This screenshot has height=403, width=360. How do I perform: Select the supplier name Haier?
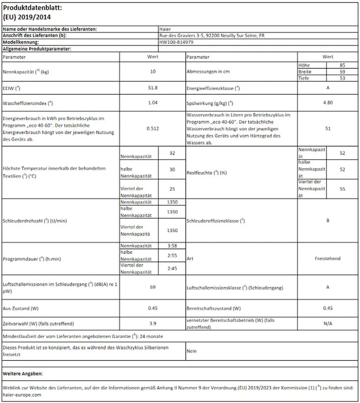click(x=165, y=29)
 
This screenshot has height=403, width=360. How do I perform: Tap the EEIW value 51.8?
click(x=153, y=88)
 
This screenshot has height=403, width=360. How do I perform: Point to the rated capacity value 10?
click(x=153, y=72)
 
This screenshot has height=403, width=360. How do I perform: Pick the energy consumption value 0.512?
click(x=153, y=128)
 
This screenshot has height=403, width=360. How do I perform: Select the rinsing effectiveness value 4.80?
click(x=328, y=103)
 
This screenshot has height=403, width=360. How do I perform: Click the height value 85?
click(x=342, y=65)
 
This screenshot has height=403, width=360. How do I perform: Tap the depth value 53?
click(x=342, y=78)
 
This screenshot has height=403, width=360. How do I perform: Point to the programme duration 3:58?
click(x=172, y=246)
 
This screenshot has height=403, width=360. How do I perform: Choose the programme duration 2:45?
click(x=172, y=268)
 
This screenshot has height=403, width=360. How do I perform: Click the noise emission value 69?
click(x=153, y=287)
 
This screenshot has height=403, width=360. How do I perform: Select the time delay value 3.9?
click(x=153, y=324)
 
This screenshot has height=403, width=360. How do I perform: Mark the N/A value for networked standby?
click(x=328, y=324)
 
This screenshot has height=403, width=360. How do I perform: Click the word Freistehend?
click(x=328, y=259)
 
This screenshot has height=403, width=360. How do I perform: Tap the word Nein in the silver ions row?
click(x=192, y=351)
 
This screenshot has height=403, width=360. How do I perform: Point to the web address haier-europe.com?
click(x=22, y=395)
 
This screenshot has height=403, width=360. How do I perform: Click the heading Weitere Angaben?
click(x=23, y=373)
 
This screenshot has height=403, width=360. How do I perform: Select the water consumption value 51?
click(x=328, y=128)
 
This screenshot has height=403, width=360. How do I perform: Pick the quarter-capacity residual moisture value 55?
click(x=342, y=189)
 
